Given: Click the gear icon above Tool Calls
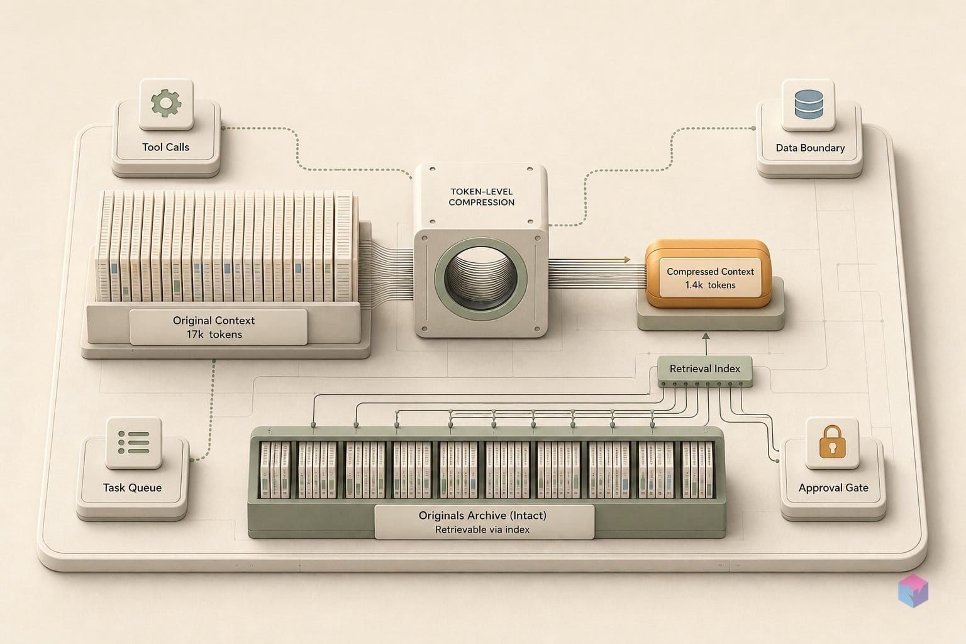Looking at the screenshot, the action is pos(166,103).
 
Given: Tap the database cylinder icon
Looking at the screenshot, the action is pos(809,104).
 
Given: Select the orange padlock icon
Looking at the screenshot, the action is pos(832,441).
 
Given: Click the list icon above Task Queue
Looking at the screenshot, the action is pos(134,442).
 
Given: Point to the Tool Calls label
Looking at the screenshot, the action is pos(165,147).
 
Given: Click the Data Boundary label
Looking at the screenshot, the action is pos(810,148).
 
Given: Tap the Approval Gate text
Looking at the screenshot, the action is pos(833,488).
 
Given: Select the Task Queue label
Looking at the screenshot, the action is pos(133,488).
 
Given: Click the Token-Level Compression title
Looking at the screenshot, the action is pos(481,197).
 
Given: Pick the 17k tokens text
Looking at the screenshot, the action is pos(214,335).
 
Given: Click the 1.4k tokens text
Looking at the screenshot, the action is pos(710,285).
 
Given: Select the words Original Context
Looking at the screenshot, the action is pos(214,321).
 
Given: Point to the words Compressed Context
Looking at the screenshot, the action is pos(710,272).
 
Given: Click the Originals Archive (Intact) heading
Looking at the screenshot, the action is pos(482,516).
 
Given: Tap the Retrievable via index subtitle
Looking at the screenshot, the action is pos(482,530).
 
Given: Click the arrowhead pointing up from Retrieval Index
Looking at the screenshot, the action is pos(706,336).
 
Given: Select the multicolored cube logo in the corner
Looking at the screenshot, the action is pos(913,590).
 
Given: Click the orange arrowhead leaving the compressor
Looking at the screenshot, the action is pos(626,259).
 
